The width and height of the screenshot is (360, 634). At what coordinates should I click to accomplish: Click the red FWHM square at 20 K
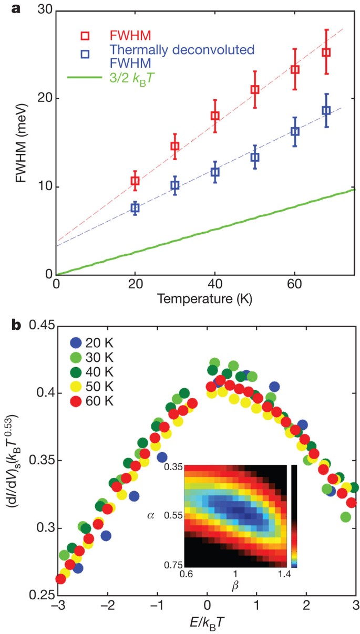point(135,181)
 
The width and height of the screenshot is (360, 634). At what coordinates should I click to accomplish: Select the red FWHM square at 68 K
point(326,53)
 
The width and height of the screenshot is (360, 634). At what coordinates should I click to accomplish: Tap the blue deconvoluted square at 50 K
point(255,157)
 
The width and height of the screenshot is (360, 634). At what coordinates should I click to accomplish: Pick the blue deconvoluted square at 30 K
point(175,185)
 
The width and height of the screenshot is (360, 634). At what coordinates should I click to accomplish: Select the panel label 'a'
point(11,7)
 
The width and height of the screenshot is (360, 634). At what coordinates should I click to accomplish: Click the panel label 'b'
point(12,326)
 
